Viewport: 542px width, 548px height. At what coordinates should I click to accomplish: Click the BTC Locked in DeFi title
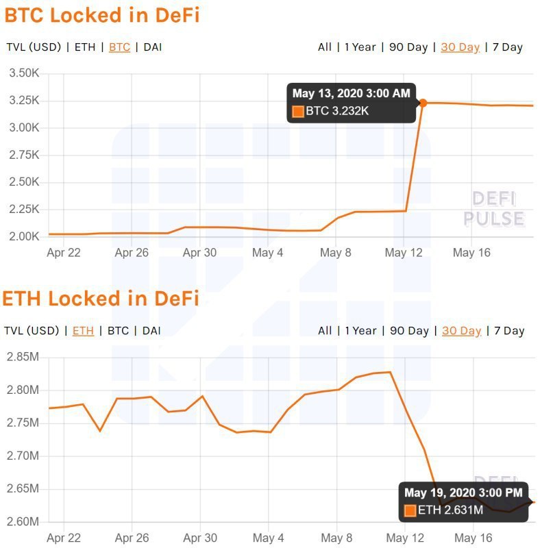coord(102,16)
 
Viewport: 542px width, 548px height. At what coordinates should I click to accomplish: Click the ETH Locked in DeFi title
coord(100,299)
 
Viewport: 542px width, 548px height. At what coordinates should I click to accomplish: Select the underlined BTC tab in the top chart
coord(120,47)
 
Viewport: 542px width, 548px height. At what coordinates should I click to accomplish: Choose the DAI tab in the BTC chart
coord(153,47)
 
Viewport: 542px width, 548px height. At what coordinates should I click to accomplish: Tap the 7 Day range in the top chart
coord(508,47)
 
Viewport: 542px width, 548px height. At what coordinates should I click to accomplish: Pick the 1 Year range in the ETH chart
coord(360,331)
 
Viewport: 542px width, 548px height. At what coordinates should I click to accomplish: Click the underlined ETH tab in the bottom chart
coord(83,331)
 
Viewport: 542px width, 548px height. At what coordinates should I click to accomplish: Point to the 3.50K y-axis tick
coord(24,73)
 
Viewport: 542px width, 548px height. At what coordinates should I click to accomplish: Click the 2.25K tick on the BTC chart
coord(24,210)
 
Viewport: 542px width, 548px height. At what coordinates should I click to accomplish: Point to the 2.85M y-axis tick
coord(23,357)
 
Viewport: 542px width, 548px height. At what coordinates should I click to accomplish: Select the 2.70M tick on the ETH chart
coord(23,456)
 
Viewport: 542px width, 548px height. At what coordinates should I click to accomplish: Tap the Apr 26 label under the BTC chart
coord(132,253)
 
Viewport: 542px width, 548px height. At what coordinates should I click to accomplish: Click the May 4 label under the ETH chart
coord(268,538)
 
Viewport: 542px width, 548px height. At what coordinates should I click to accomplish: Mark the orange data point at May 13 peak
coord(423,103)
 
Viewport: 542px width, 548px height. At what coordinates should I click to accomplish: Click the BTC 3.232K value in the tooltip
coord(337,111)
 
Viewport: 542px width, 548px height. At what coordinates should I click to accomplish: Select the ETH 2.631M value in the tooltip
coord(450,510)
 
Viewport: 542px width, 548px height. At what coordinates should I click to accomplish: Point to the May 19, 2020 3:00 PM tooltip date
coord(463,493)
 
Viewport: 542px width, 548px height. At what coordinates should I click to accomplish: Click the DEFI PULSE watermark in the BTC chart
coord(494,209)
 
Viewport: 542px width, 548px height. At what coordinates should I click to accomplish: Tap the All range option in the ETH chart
coord(325,331)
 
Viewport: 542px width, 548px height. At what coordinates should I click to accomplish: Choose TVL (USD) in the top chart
coord(34,47)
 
